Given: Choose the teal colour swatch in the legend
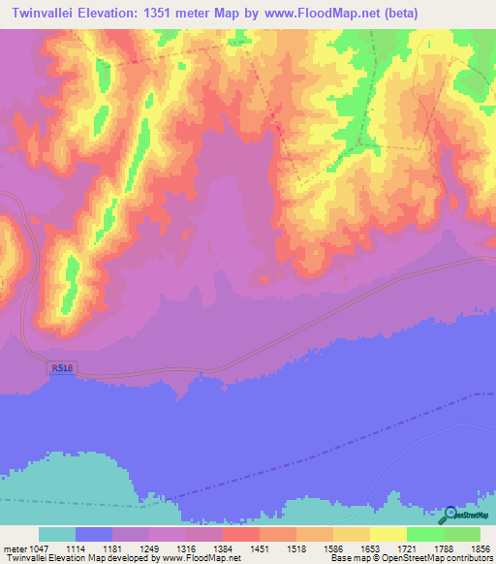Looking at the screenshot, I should tap(57, 534).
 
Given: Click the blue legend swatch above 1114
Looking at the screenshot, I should tap(94, 534).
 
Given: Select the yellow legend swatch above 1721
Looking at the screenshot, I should tap(387, 534).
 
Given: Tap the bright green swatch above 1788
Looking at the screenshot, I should tap(424, 534).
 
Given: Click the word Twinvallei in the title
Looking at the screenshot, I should tap(42, 13).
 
